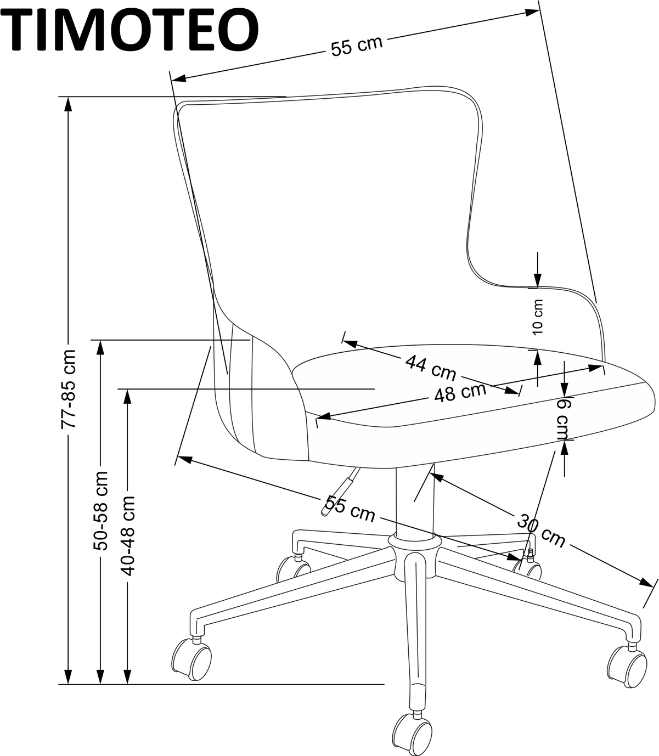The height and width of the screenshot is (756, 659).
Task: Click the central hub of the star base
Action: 414,554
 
